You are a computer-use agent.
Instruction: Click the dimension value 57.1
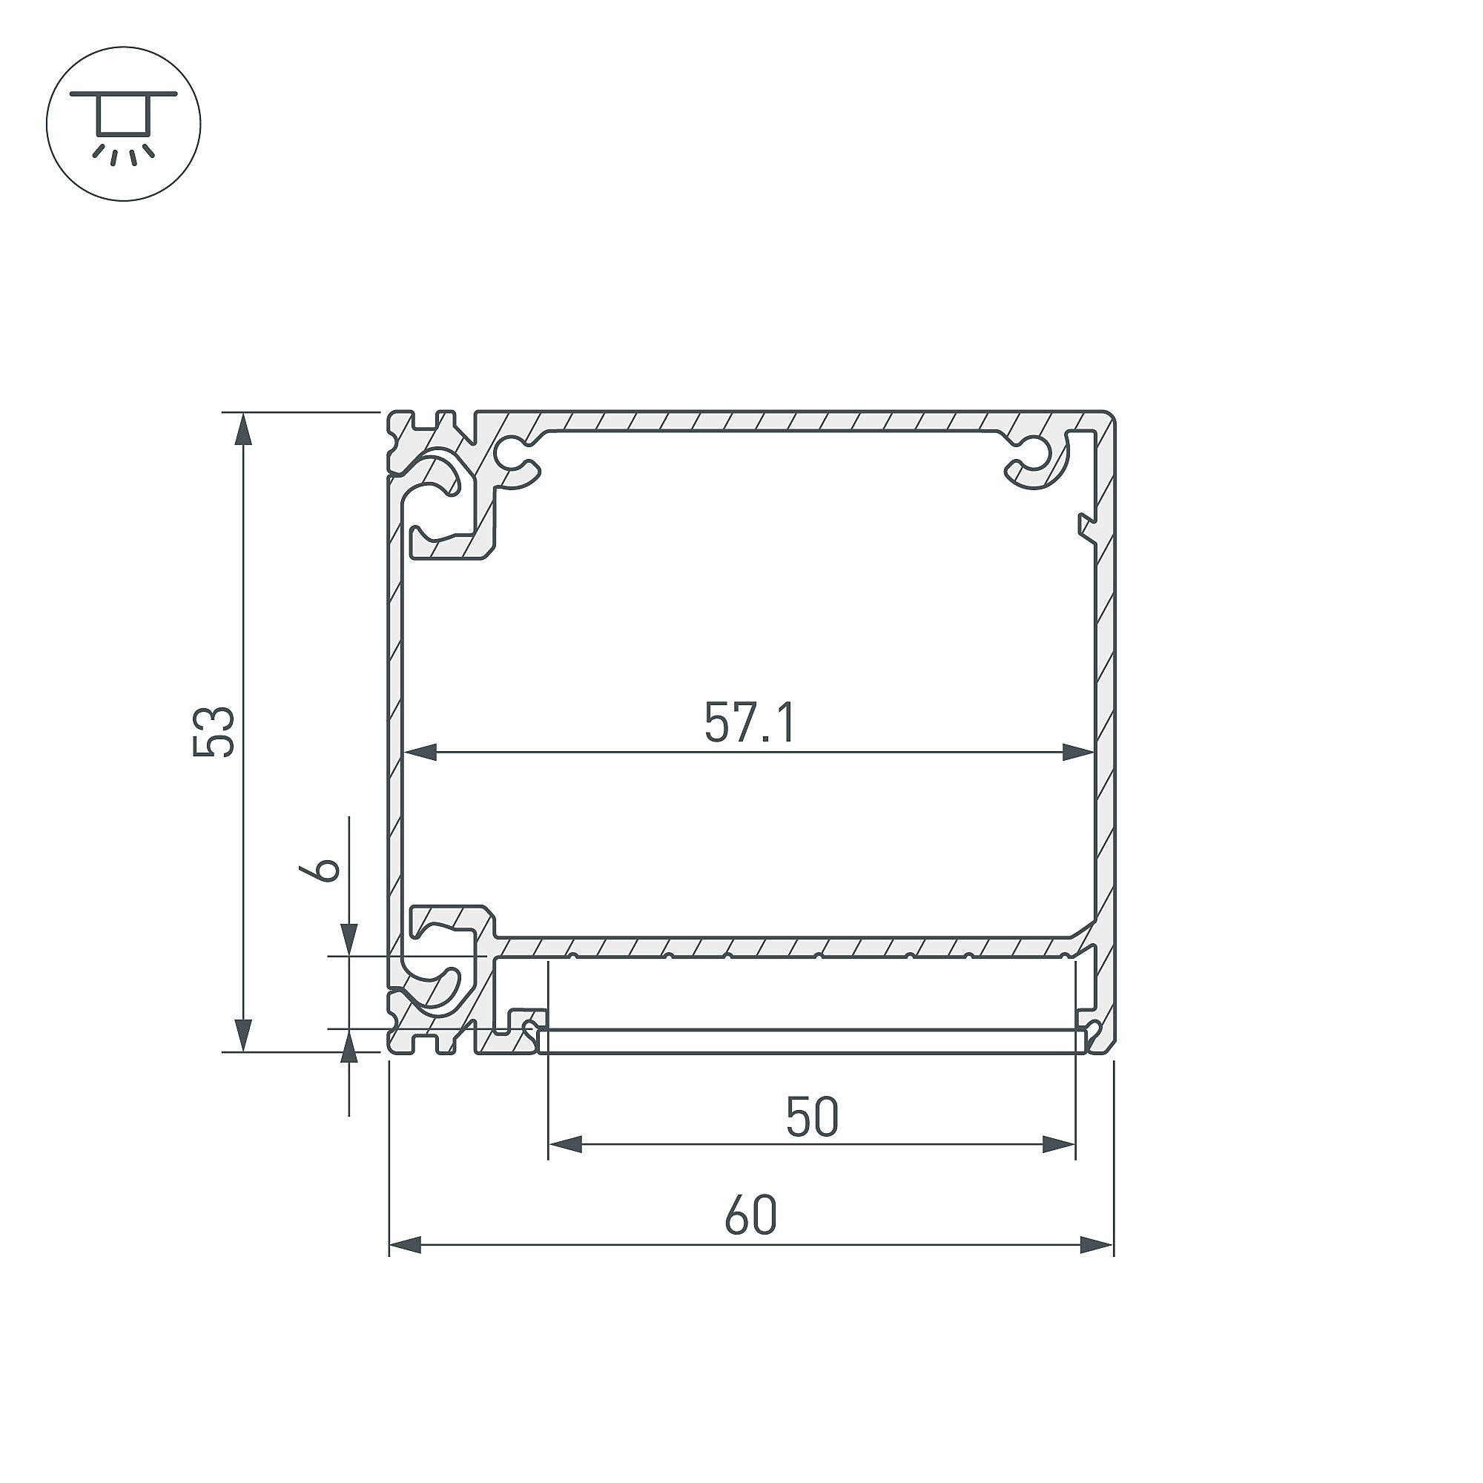coord(750,723)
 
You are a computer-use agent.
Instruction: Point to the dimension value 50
coord(812,1117)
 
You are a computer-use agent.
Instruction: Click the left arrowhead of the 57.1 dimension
coord(420,752)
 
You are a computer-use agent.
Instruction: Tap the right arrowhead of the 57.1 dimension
coord(1077,752)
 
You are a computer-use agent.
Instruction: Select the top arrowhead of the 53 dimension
coord(243,429)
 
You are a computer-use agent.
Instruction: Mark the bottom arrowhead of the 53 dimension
coord(243,1034)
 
